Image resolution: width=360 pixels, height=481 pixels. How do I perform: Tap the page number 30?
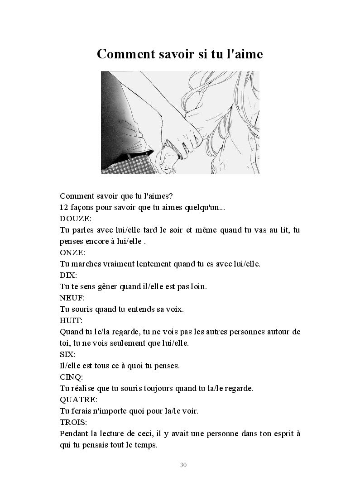(183, 465)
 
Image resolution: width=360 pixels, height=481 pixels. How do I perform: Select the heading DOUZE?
(76, 219)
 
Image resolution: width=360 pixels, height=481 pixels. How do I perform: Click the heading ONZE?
(72, 252)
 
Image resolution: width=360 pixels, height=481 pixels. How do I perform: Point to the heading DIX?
(68, 275)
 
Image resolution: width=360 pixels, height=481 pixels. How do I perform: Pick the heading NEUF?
(72, 298)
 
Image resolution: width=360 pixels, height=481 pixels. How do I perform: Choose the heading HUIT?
(72, 320)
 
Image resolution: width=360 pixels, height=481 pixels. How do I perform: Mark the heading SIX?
(67, 354)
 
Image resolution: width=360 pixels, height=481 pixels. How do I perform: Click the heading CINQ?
(72, 377)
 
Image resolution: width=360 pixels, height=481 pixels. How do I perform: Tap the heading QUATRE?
(78, 400)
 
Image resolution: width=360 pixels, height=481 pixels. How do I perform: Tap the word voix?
(174, 310)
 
